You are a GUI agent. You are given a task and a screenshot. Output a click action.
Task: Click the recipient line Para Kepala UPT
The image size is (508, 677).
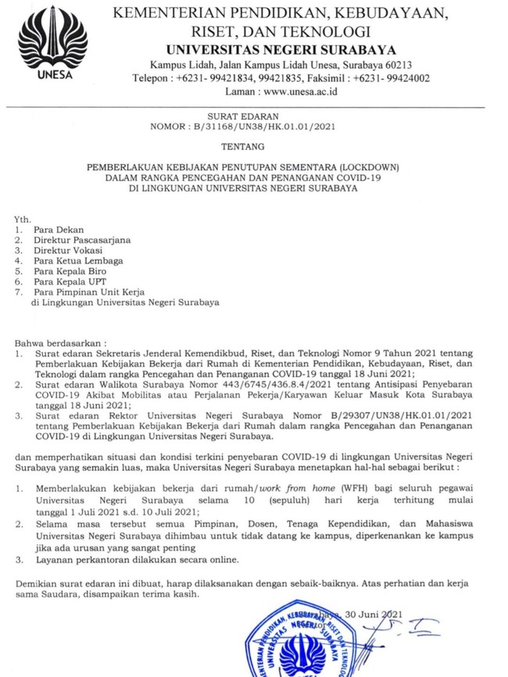pyautogui.click(x=68, y=281)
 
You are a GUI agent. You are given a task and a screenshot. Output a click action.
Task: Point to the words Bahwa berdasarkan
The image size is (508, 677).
pyautogui.click(x=59, y=343)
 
